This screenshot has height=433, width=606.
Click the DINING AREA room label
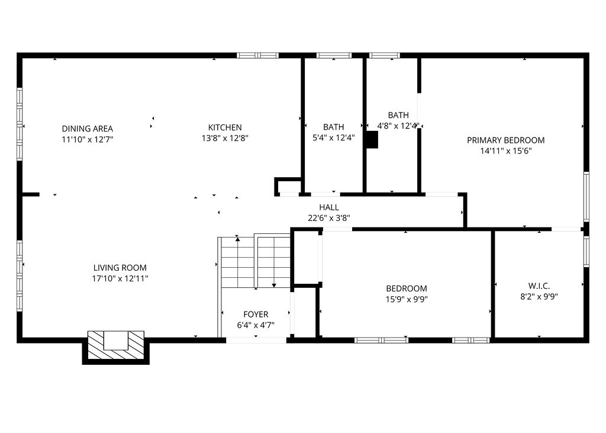click(87, 129)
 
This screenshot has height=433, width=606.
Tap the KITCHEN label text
click(225, 127)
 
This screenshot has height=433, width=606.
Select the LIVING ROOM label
click(120, 268)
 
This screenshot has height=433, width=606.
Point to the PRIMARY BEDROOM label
click(505, 140)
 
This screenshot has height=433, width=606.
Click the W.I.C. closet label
click(539, 286)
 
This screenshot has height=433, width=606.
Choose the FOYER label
click(256, 315)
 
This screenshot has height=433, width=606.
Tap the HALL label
click(329, 207)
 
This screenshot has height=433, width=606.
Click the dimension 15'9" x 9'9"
click(407, 299)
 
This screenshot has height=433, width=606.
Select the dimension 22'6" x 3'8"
click(329, 217)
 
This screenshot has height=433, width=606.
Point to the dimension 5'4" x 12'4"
click(333, 138)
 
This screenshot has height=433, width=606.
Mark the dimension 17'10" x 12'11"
click(120, 278)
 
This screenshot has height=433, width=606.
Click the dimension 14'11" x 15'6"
click(505, 151)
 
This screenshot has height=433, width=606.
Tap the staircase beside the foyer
click(254, 261)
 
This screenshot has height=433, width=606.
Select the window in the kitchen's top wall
click(257, 56)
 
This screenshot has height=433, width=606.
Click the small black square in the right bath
click(371, 140)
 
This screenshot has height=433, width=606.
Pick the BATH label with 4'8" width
click(398, 115)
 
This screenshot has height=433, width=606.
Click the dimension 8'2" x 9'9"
click(539, 296)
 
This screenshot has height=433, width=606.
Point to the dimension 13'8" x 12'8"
click(225, 138)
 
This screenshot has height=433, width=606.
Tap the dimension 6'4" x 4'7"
click(256, 325)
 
